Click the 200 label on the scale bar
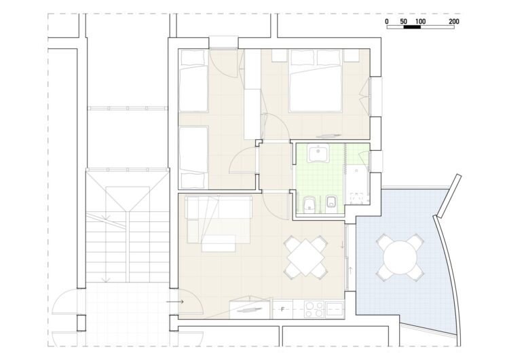pos(454,22)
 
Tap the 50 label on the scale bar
pos(404,22)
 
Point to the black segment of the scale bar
pos(412,27)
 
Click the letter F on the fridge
pos(282,309)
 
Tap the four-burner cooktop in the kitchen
pos(314,309)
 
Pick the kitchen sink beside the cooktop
pos(335,309)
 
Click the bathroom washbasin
pos(319,153)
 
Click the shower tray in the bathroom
pos(357,186)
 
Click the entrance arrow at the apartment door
pos(174,302)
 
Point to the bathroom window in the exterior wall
pos(376,162)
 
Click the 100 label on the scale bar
pos(420,22)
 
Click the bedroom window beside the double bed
pos(375,96)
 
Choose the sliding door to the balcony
pos(347,257)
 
